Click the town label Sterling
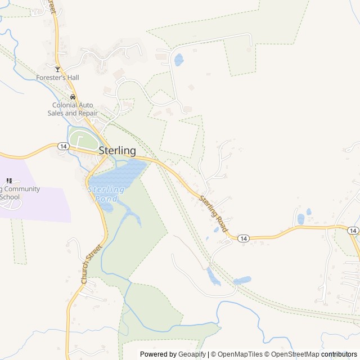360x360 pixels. pos(117,151)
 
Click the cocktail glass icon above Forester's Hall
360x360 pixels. pos(57,69)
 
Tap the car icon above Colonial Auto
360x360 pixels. pos(73,97)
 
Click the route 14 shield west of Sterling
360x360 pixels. pos(63,146)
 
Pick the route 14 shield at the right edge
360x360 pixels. pos(352,231)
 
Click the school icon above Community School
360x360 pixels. pos(8,181)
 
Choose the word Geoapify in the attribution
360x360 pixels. pos(192,354)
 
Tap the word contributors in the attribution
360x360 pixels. pos(339,354)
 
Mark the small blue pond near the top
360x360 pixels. pos(178,60)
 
